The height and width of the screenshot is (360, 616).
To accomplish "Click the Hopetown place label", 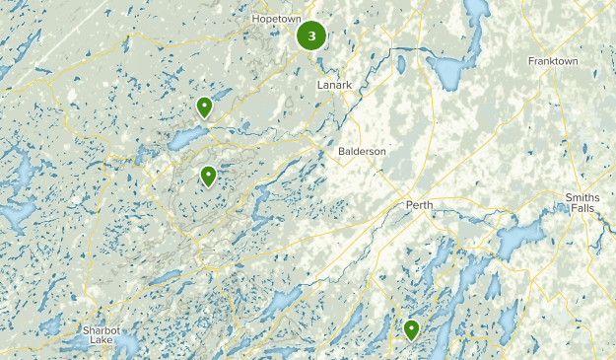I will [275, 19].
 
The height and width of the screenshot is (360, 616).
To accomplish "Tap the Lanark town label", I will [334, 85].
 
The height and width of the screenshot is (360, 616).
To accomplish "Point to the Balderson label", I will [362, 151].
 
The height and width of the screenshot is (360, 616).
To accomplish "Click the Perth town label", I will [420, 205].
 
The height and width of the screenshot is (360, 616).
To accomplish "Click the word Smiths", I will [582, 197].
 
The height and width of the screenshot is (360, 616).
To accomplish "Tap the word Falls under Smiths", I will [582, 209].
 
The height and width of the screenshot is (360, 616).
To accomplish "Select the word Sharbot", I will [99, 327].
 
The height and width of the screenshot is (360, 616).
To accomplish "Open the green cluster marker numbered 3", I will [311, 36].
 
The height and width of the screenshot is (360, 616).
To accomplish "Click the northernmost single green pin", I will [204, 107].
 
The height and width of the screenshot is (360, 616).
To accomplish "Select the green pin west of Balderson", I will [208, 177].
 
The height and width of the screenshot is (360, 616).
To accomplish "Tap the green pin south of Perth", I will [411, 329].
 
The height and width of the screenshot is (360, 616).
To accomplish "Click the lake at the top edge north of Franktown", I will [477, 12].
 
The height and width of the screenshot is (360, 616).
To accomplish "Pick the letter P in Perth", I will [409, 205].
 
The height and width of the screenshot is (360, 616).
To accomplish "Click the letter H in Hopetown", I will [255, 19].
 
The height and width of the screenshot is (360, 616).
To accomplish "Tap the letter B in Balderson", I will [341, 151].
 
